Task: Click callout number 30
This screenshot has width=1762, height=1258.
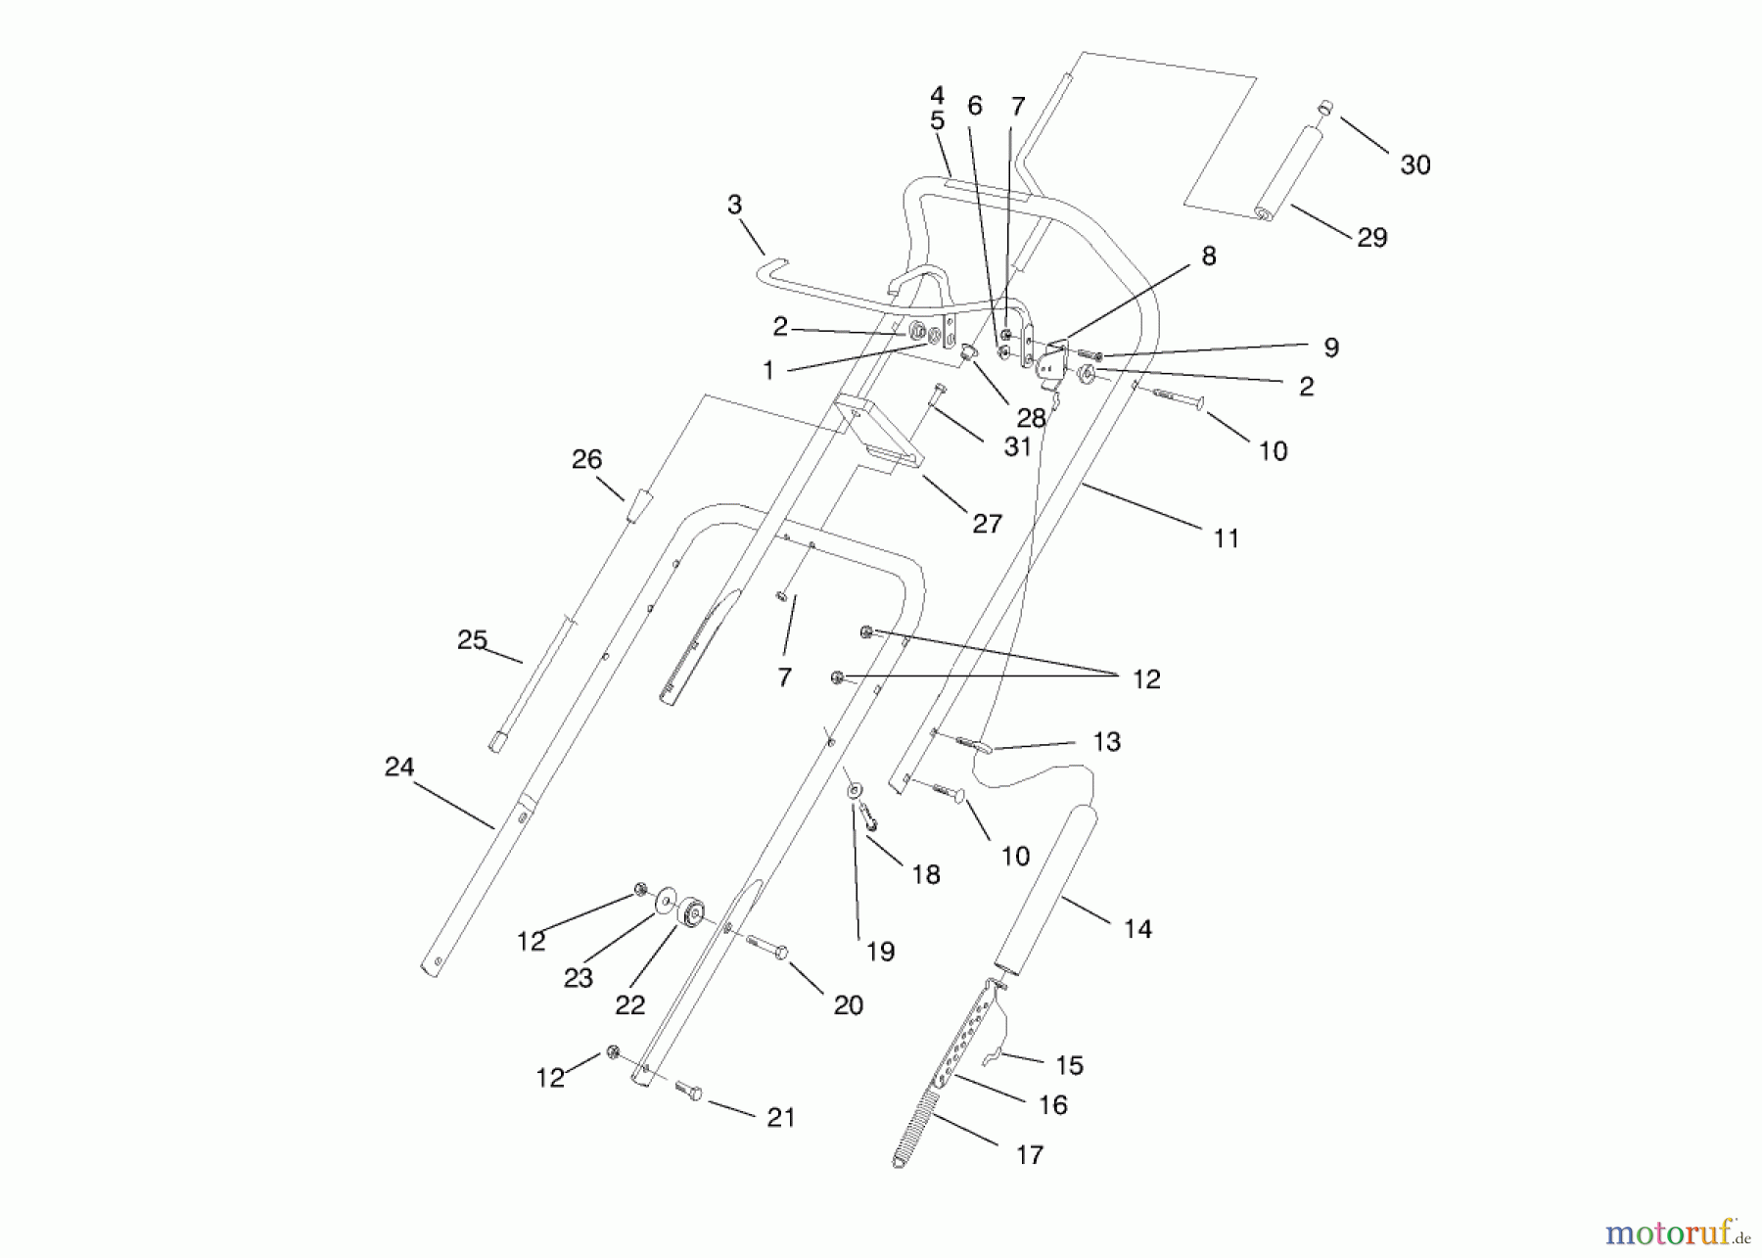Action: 1415,165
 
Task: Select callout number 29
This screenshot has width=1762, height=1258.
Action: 1371,238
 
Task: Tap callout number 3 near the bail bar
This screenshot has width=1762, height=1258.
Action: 734,206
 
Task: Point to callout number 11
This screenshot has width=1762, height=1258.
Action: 1226,538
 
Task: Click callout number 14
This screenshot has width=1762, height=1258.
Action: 1137,929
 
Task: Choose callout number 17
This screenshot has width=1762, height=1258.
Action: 1029,1155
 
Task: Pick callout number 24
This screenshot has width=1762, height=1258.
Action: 399,768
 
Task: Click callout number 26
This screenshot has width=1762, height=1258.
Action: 586,459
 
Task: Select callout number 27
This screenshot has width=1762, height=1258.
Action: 987,524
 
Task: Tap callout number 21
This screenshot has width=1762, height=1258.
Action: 780,1118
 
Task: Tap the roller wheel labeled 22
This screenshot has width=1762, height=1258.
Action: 692,911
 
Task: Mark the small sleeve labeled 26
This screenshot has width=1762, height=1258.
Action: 640,508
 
